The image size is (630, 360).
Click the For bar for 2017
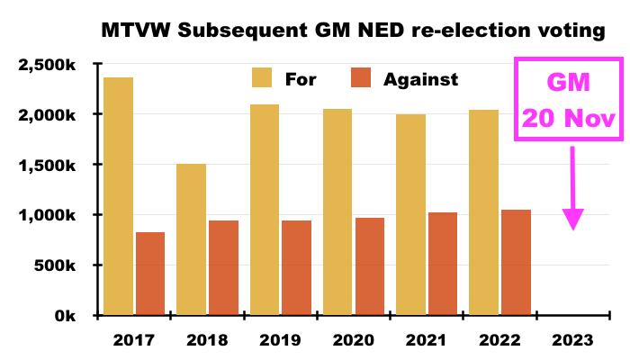(x=119, y=196)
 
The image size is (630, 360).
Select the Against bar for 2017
(x=150, y=274)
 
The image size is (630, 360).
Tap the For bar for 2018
(x=191, y=239)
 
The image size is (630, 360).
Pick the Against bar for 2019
(x=296, y=267)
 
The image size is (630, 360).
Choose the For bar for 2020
(x=337, y=212)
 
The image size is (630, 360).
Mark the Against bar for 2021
(x=443, y=264)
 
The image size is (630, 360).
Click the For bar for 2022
(x=484, y=212)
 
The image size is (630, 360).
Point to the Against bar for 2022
(x=516, y=263)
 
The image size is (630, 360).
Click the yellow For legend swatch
(x=262, y=77)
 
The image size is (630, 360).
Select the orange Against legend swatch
(x=361, y=77)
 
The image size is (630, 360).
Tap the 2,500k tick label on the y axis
(x=47, y=65)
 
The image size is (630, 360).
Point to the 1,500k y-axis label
(x=47, y=165)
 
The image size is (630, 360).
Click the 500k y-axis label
(x=55, y=265)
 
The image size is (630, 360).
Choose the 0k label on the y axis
(x=65, y=316)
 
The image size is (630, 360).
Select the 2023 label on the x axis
(x=572, y=340)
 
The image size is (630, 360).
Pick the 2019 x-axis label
(x=280, y=340)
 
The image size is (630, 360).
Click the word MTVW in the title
(x=136, y=30)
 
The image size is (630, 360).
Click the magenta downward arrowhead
(x=572, y=220)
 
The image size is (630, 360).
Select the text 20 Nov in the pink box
(x=569, y=119)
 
